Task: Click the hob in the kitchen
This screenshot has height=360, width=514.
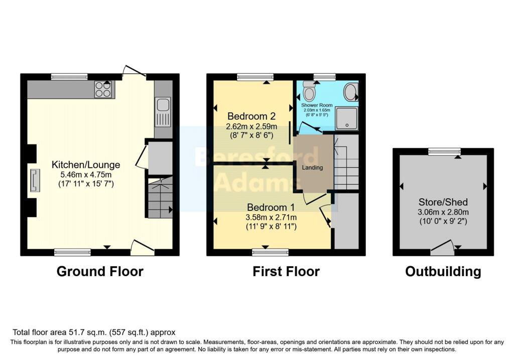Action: tap(103, 89)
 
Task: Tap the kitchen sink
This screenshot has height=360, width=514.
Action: tap(163, 111)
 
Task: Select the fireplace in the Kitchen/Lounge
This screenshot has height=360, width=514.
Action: tap(35, 180)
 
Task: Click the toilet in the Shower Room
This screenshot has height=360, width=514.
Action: tap(309, 91)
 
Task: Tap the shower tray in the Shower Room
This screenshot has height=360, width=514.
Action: tap(347, 118)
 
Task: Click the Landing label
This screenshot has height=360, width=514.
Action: tap(312, 167)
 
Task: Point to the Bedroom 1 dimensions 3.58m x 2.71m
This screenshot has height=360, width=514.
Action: tap(272, 217)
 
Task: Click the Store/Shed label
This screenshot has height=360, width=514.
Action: tap(443, 202)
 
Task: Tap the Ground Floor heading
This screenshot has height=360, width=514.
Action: tap(100, 272)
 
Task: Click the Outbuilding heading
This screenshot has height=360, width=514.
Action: tap(443, 272)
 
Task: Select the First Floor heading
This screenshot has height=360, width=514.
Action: tap(286, 272)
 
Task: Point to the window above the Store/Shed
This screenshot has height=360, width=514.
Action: tap(444, 151)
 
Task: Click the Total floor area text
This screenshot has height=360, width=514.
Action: tap(94, 332)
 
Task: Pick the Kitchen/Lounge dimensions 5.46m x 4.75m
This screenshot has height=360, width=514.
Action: tap(86, 174)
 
